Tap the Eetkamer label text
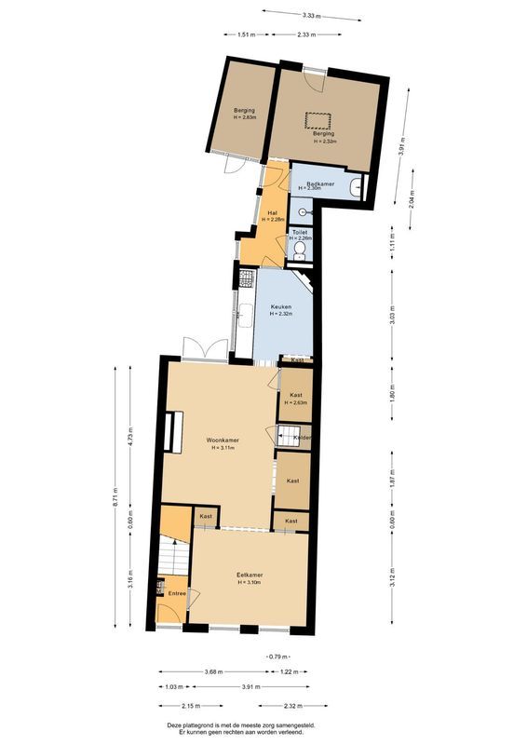click(250, 575)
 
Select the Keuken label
click(281, 306)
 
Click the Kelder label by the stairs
click(303, 438)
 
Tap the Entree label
click(177, 593)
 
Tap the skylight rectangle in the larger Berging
click(319, 118)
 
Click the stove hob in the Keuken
click(247, 278)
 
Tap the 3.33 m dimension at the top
click(310, 14)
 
